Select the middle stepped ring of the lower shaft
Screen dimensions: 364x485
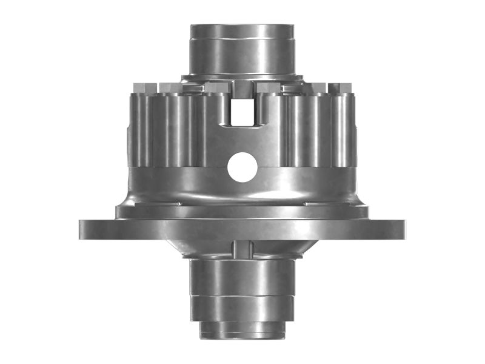(242, 306)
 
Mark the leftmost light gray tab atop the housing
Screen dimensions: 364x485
(139, 87)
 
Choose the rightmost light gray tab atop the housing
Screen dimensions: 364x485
(345, 87)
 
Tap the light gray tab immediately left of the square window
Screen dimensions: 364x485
(216, 88)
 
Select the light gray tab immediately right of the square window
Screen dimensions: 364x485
(269, 88)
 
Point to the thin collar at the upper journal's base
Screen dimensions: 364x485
(242, 78)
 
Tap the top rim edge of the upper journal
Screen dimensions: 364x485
(242, 26)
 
